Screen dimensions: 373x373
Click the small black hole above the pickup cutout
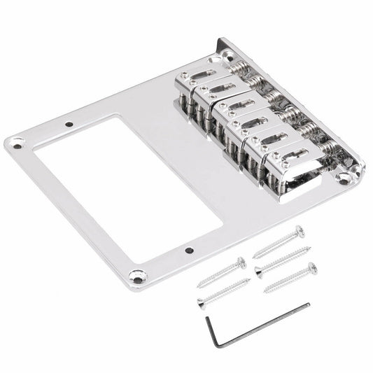(x=69, y=126)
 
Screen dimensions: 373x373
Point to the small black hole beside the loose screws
(x=190, y=249)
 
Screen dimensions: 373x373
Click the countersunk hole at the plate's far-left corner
(x=15, y=145)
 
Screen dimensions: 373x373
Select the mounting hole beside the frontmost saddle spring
(x=342, y=178)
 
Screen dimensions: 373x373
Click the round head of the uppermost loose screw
(x=300, y=229)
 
